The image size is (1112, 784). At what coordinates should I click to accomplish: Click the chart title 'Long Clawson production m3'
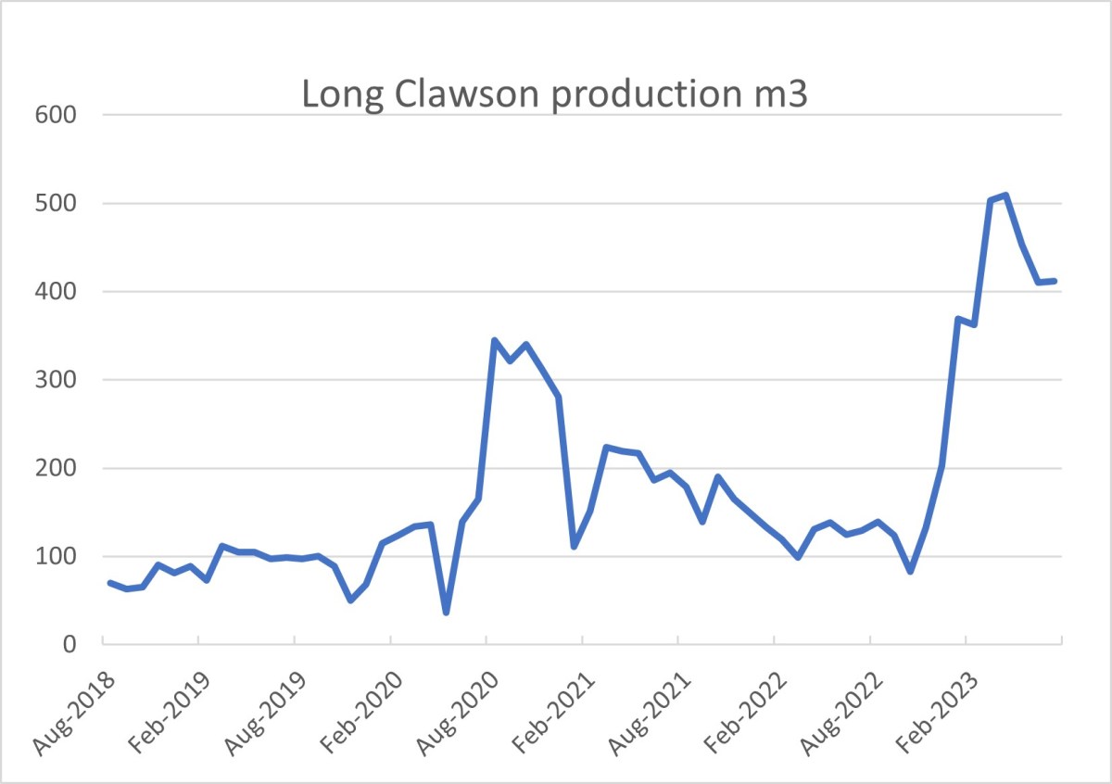[555, 95]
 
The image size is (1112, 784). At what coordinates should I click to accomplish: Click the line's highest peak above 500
[1005, 195]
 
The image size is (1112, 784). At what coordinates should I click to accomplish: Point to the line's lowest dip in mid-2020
[446, 613]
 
